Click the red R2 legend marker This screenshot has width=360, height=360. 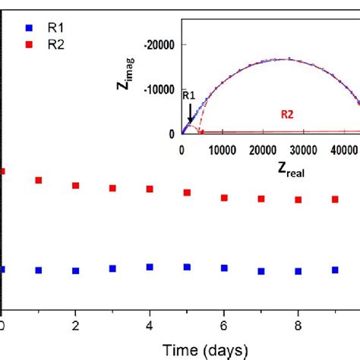pos(29,44)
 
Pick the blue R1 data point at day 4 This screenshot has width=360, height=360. pos(150,267)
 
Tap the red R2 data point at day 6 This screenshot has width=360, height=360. pos(224,197)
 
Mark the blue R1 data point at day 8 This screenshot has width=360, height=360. pos(298,271)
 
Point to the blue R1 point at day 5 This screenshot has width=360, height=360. pos(187,267)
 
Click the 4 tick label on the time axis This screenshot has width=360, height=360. pos(150,325)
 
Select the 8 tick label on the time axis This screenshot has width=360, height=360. pos(298,325)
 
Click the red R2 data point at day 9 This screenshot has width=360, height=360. pos(335,199)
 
